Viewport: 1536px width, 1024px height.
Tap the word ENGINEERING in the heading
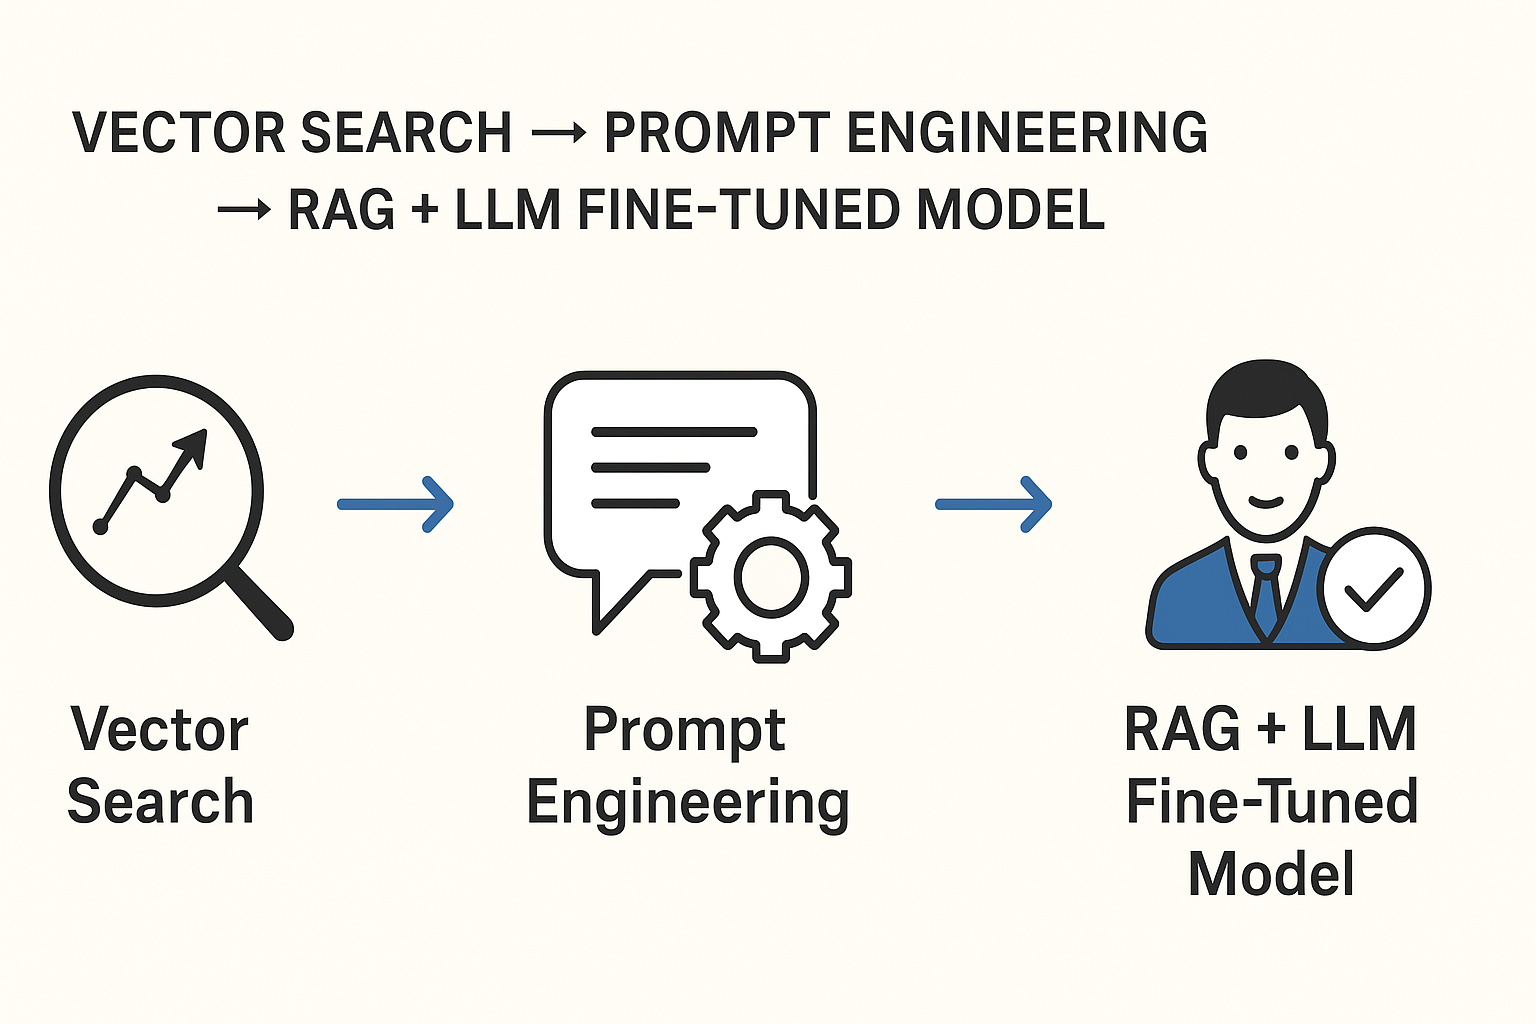[1027, 133]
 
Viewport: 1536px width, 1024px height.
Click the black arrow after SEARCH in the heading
[558, 134]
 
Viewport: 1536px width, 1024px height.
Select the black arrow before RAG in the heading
[244, 210]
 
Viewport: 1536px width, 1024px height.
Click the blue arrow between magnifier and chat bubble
[396, 504]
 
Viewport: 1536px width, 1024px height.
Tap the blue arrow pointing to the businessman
[994, 504]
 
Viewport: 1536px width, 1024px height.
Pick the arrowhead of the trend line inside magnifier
[194, 444]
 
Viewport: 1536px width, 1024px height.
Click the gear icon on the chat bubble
[771, 576]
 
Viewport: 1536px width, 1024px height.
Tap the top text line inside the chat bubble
[674, 432]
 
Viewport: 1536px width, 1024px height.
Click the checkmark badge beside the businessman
[1375, 587]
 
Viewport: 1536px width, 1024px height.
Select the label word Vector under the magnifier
[160, 730]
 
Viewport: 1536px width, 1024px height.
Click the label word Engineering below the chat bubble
[688, 803]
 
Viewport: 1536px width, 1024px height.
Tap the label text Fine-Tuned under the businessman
[1271, 802]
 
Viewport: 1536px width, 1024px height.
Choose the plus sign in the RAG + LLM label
[1271, 730]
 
